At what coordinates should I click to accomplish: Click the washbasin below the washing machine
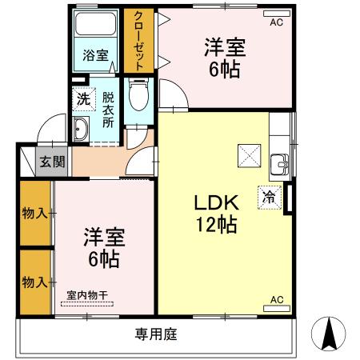click(x=81, y=128)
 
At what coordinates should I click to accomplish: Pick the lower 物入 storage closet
click(x=34, y=282)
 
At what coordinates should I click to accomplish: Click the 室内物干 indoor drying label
click(x=86, y=294)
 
